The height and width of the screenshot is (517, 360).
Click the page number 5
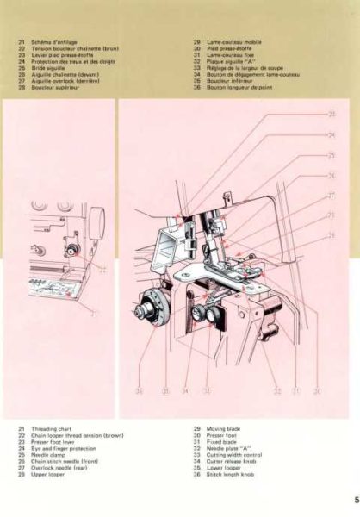coord(355,497)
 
